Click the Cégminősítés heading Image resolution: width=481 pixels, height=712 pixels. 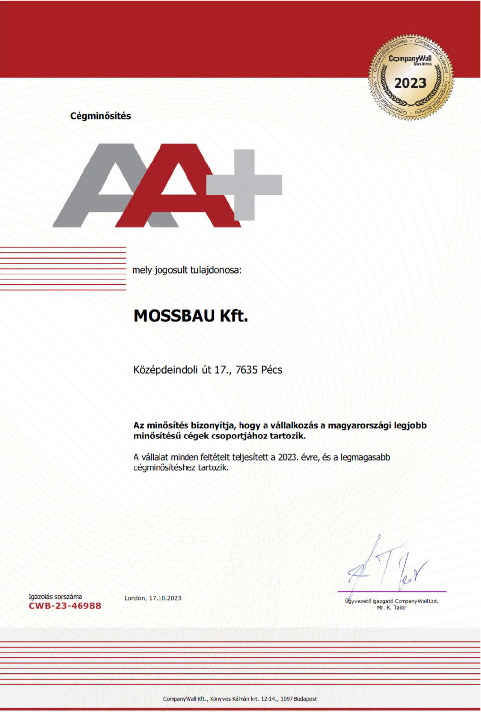coord(100,116)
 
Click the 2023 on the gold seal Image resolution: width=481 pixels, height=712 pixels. coord(410,83)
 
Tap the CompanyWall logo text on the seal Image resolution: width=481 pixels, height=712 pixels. coord(410,59)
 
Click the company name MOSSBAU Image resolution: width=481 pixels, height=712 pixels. coord(174,316)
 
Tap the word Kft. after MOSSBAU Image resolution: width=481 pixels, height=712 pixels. coord(234,316)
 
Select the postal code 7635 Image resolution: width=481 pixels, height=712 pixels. coord(246,370)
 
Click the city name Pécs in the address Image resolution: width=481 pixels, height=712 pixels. coord(271,370)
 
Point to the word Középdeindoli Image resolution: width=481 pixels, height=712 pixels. coord(166,370)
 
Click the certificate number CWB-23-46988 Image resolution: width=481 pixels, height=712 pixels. coord(65,606)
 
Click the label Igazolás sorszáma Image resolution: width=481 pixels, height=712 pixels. coord(55,597)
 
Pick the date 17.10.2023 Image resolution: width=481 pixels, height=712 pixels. coord(165,598)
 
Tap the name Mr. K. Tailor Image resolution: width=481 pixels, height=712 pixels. coord(392,608)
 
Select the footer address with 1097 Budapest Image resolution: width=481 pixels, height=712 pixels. coord(240,699)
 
